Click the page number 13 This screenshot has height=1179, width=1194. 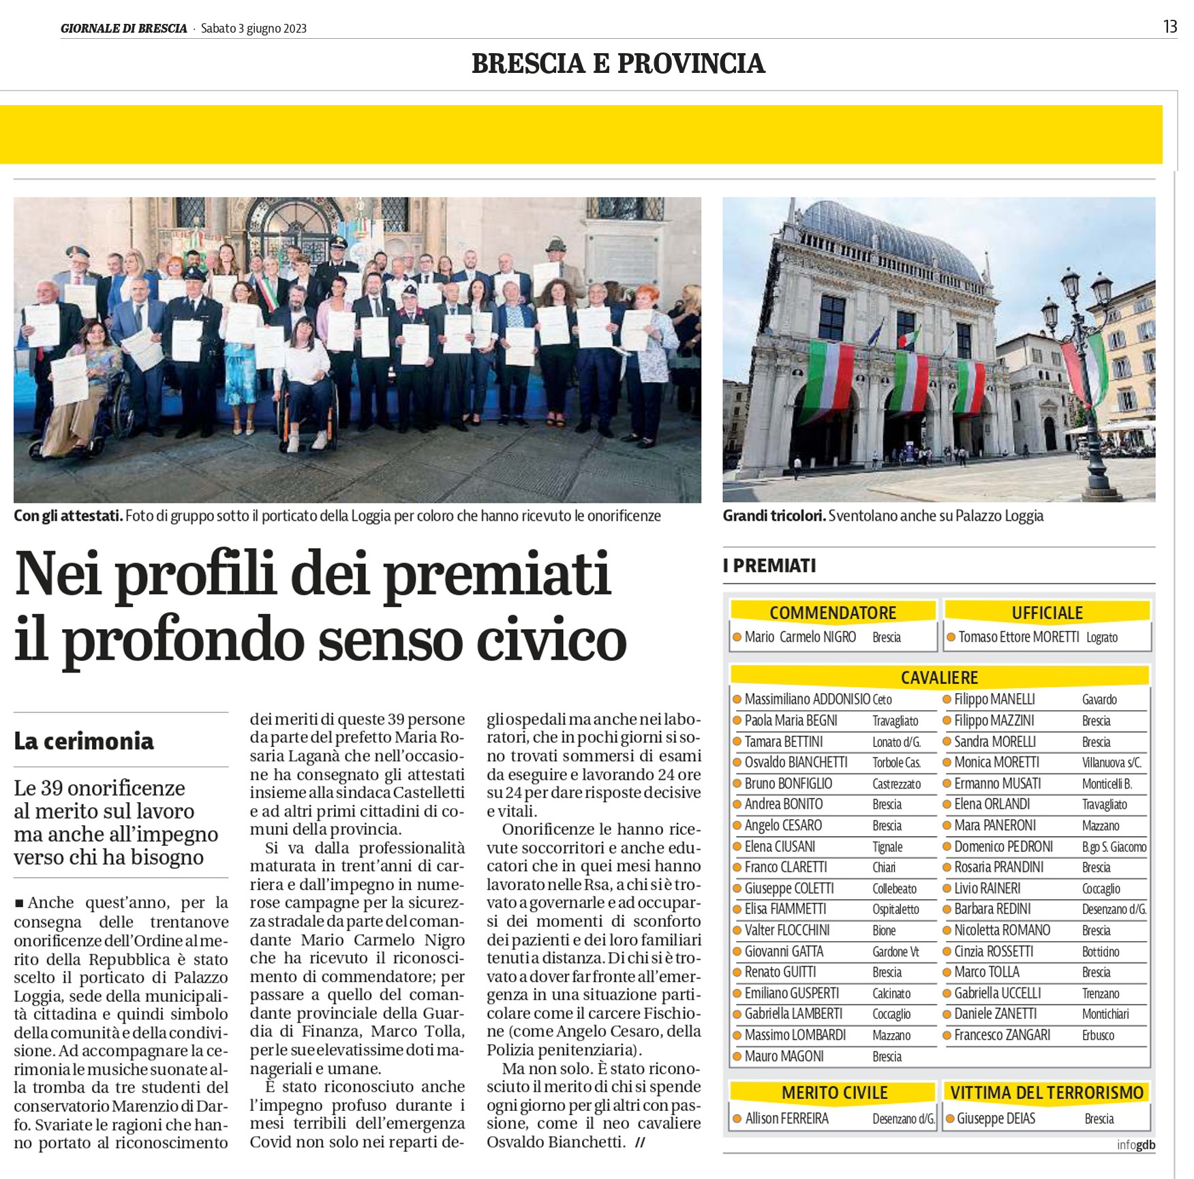(x=1170, y=27)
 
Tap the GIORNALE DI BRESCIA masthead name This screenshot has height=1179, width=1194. (x=123, y=29)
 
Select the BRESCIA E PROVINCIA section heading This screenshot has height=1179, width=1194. (x=618, y=63)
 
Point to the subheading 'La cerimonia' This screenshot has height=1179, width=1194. (x=84, y=741)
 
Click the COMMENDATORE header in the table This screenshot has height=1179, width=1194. (x=833, y=613)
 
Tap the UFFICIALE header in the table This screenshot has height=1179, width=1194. (x=1047, y=613)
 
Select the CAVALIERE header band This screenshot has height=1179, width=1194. (x=939, y=677)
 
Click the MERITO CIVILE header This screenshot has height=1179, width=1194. (x=834, y=1093)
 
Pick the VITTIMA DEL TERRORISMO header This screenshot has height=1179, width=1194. (x=1047, y=1093)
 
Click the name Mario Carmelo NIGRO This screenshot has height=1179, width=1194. (x=800, y=637)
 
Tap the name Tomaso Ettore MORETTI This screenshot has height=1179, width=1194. (x=1019, y=637)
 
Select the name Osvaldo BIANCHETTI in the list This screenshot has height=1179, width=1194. (x=796, y=763)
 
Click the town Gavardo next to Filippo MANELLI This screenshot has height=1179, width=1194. (x=1099, y=700)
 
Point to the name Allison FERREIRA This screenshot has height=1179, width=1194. (x=786, y=1119)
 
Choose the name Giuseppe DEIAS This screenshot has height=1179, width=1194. (x=996, y=1119)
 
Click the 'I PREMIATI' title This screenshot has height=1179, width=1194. (x=769, y=566)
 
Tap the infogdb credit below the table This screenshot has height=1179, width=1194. (x=1136, y=1145)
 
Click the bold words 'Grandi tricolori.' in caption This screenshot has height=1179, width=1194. (x=774, y=516)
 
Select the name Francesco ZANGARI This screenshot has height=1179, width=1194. (x=1002, y=1035)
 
